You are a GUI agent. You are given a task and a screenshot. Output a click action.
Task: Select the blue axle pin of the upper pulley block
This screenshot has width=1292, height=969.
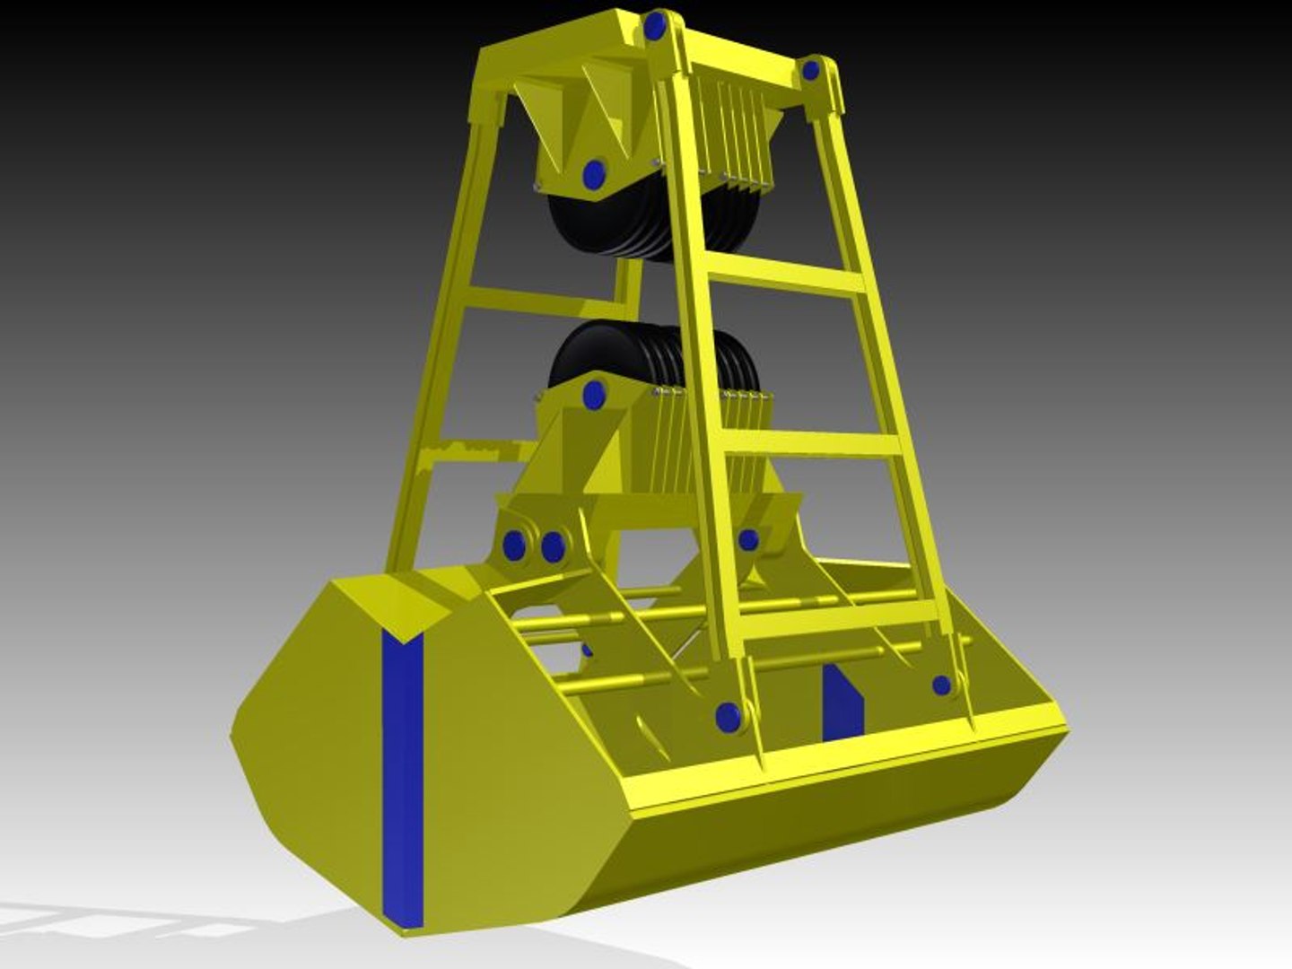pos(592,172)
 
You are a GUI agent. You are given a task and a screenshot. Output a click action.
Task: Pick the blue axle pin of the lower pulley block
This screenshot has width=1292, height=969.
pos(593,394)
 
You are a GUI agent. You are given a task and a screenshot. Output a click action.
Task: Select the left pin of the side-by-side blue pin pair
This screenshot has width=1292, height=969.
pos(514,546)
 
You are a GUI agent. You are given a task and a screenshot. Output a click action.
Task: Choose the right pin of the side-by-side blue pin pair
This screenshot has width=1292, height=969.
pos(553,546)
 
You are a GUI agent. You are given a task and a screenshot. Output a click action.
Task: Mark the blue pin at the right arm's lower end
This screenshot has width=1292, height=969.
pos(941,685)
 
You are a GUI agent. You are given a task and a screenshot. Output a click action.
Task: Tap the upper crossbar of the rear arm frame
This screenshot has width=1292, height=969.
pos(538,301)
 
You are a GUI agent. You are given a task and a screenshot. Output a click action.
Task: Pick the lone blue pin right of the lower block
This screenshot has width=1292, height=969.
pos(748,539)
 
